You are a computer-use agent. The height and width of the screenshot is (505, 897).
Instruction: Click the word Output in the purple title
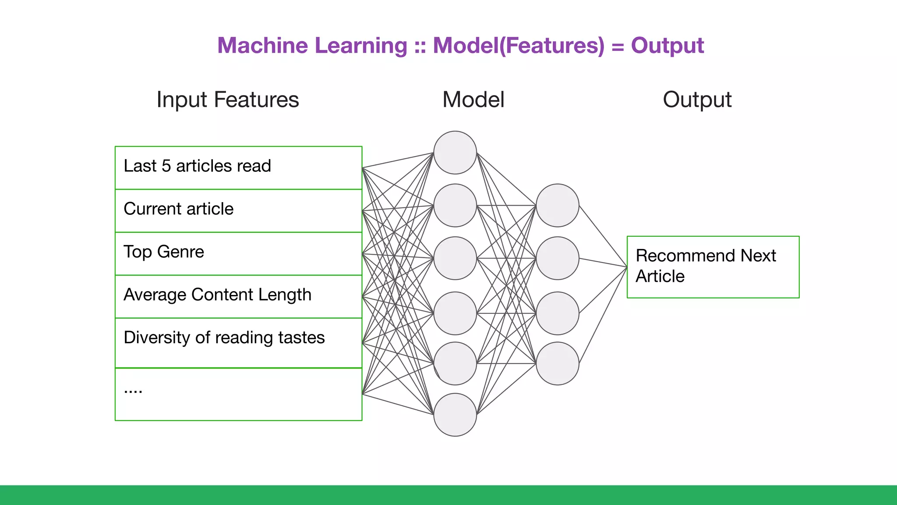pos(667,46)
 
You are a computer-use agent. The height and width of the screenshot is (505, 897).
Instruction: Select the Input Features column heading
pos(228,100)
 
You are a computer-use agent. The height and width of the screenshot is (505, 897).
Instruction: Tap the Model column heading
pos(473,100)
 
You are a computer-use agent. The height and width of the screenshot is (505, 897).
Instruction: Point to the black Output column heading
pos(697,100)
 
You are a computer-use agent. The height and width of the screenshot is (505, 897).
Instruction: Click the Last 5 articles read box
pos(238,167)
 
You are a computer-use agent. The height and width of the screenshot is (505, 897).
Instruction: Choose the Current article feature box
pos(238,210)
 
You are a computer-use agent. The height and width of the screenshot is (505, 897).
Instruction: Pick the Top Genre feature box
pos(238,253)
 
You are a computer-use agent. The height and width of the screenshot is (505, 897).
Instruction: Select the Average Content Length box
pos(238,296)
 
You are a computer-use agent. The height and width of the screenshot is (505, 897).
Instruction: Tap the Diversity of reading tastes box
pos(238,342)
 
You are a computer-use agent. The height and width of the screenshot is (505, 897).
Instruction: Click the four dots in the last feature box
pos(133,391)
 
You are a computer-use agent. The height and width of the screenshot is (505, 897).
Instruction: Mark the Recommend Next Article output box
pos(713,267)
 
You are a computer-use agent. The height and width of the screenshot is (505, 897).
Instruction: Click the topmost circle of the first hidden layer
pos(455,153)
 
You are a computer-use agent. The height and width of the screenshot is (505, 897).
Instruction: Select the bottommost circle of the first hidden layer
pos(455,414)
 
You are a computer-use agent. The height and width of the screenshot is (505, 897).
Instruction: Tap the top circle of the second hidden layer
pos(557,205)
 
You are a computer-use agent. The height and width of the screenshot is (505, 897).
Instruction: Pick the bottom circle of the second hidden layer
pos(557,363)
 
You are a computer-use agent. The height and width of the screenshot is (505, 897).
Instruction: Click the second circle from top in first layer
pos(455,205)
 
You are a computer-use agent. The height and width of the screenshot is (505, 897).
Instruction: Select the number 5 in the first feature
pos(166,166)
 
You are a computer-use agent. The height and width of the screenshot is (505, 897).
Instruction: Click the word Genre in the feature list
pos(180,252)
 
